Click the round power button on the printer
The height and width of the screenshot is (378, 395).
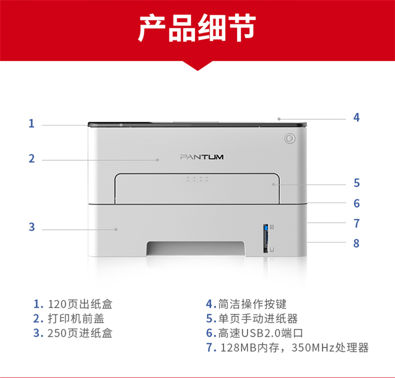290,139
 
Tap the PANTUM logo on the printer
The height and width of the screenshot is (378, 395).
202,157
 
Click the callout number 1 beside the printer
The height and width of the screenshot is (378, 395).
32,123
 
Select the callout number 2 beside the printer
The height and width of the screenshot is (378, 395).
32,159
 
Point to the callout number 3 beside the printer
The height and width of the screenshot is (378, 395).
32,227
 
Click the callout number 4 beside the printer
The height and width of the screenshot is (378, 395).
356,118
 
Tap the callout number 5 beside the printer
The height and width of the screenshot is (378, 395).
357,183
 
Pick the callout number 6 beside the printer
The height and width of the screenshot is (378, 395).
357,203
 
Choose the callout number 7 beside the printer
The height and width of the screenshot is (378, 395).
357,224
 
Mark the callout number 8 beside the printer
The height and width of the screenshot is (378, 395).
356,244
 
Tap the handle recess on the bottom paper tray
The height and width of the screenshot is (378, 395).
196,248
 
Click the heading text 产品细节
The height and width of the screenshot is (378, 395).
197,28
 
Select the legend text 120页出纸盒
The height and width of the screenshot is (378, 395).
80,304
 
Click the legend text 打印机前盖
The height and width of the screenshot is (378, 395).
76,319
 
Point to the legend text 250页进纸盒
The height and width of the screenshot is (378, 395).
80,333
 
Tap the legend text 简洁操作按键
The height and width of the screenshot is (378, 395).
252,304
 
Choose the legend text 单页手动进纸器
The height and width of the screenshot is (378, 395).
258,319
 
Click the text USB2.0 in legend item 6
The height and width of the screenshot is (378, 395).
261,333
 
